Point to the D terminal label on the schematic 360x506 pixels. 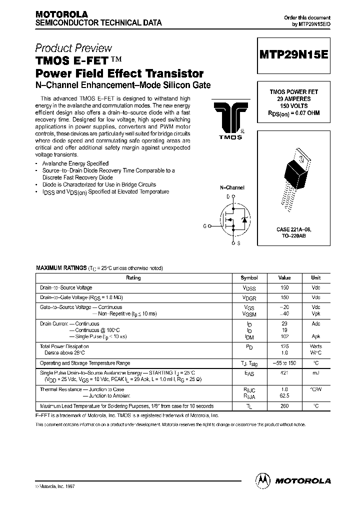click(x=228, y=196)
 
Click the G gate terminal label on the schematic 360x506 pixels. click(x=204, y=226)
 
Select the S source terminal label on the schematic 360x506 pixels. click(x=238, y=243)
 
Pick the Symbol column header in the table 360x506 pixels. click(x=249, y=277)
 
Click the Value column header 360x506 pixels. click(x=284, y=277)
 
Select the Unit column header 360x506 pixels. click(x=316, y=277)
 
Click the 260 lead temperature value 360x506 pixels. click(x=284, y=406)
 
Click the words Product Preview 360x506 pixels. click(x=73, y=48)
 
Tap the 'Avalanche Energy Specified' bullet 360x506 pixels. click(x=75, y=164)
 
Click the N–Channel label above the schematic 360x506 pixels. click(x=232, y=187)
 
